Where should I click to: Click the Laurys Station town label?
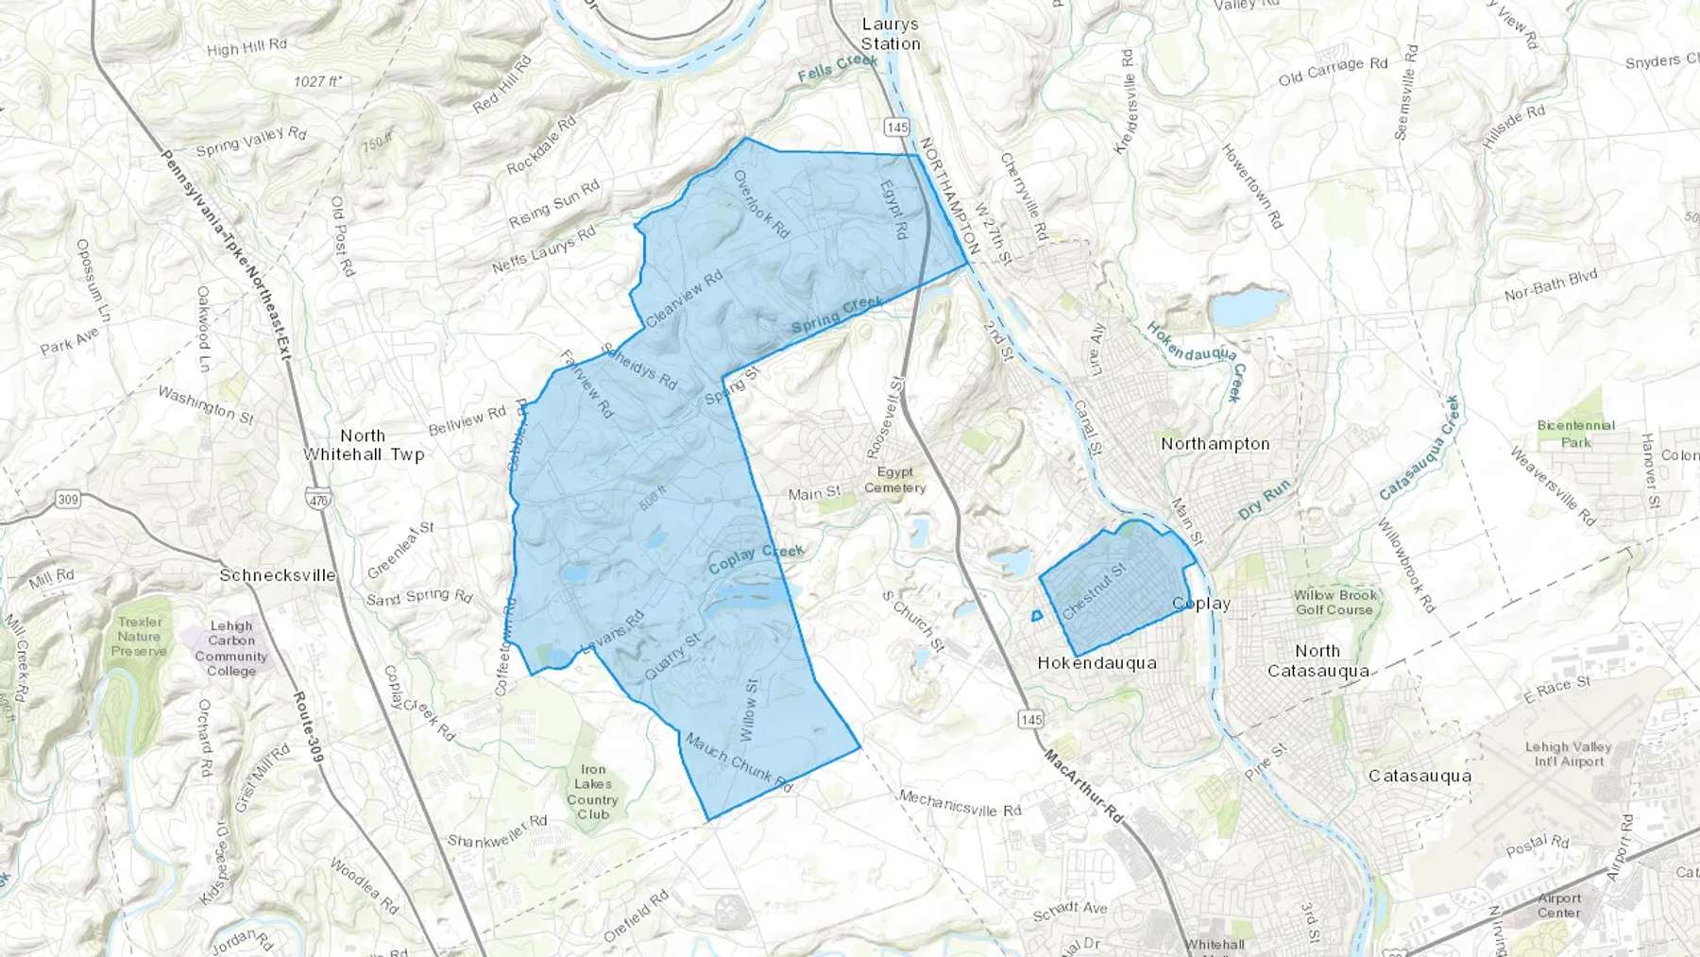click(x=890, y=34)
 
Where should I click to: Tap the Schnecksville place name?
click(x=277, y=575)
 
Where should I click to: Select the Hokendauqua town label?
click(x=1096, y=663)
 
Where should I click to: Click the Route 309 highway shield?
click(x=67, y=499)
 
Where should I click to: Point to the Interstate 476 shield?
click(x=318, y=499)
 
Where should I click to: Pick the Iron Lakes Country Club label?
click(x=593, y=792)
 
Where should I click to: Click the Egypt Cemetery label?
click(x=894, y=480)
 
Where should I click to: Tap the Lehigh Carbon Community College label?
click(x=231, y=648)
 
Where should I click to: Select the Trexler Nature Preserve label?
click(x=140, y=636)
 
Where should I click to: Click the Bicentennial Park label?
click(x=1575, y=434)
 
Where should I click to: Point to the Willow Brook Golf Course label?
click(x=1334, y=603)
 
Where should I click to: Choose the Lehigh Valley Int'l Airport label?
click(x=1568, y=754)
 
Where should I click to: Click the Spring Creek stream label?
click(x=837, y=315)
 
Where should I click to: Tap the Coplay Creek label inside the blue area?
click(x=756, y=558)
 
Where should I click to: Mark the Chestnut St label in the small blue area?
click(x=1094, y=592)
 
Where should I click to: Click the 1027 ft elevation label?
click(x=317, y=82)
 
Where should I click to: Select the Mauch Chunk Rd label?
click(x=738, y=761)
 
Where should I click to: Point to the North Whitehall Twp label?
click(x=364, y=445)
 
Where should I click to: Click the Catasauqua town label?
click(x=1419, y=776)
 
